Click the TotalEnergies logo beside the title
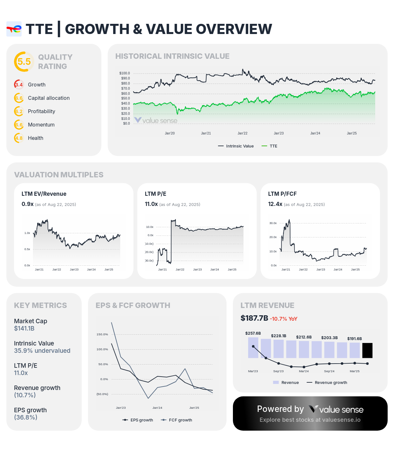coord(14,29)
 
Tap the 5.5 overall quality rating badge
coord(24,62)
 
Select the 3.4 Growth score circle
coord(19,85)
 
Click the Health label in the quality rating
coord(35,138)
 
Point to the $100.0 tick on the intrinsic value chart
coord(125,73)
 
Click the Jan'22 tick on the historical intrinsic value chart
coord(242,133)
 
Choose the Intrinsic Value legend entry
coord(236,146)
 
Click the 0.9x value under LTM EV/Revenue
coord(27,204)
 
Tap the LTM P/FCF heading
coord(282,194)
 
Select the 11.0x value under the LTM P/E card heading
coord(151,204)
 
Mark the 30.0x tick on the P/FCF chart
coord(273,223)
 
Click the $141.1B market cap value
coord(24,329)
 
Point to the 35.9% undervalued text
coord(42,351)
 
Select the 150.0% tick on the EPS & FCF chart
coord(102,334)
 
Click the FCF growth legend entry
coord(177,420)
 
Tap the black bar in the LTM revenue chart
coord(367,350)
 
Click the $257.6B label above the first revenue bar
coord(253,333)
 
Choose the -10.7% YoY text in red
coord(283,319)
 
